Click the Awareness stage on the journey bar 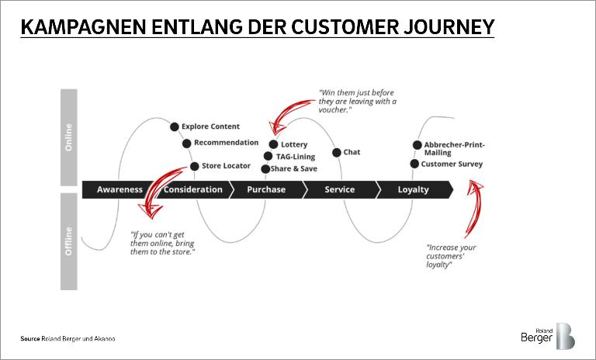120,189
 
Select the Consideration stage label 193,189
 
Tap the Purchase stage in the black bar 266,189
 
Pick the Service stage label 339,189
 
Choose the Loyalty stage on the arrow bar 413,189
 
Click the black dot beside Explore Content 175,126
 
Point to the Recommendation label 226,143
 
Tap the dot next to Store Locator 195,166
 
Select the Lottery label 294,144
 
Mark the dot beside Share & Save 265,169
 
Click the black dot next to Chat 337,152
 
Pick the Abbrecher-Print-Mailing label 453,148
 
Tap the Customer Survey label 452,164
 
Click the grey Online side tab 69,137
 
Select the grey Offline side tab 69,241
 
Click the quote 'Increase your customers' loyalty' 451,255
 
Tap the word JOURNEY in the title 447,27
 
